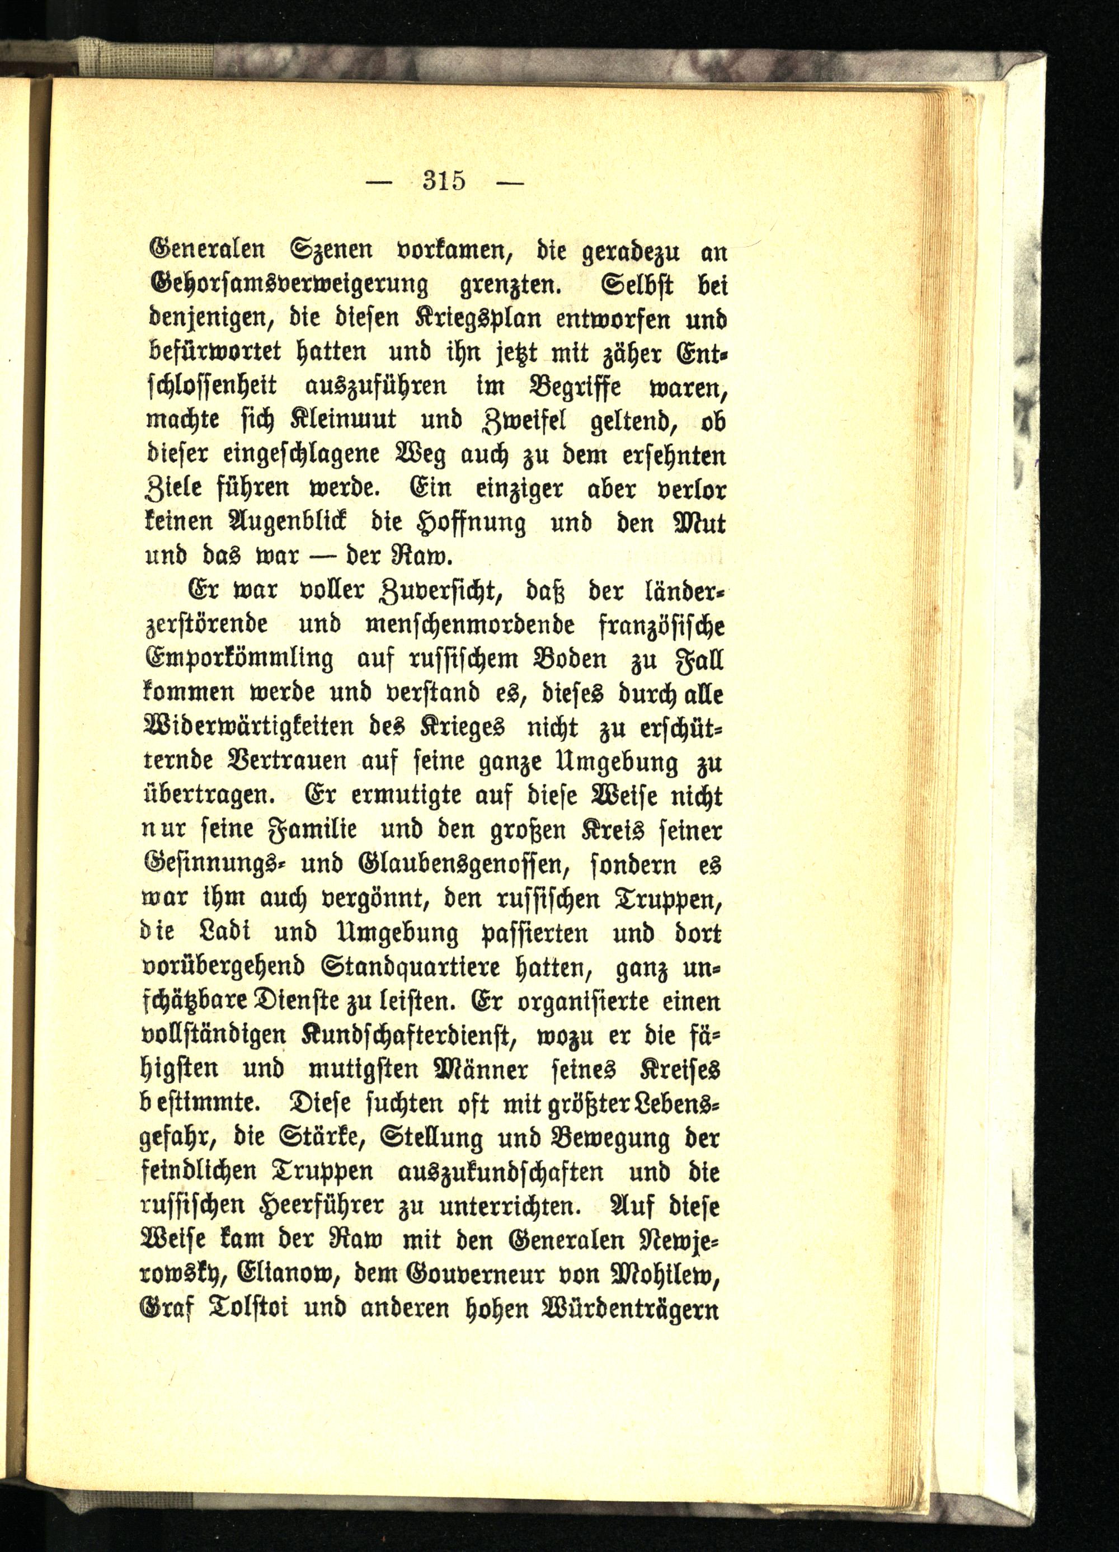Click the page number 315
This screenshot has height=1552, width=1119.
444,181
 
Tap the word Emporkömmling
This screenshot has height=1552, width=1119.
239,660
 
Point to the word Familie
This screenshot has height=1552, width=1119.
316,831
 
